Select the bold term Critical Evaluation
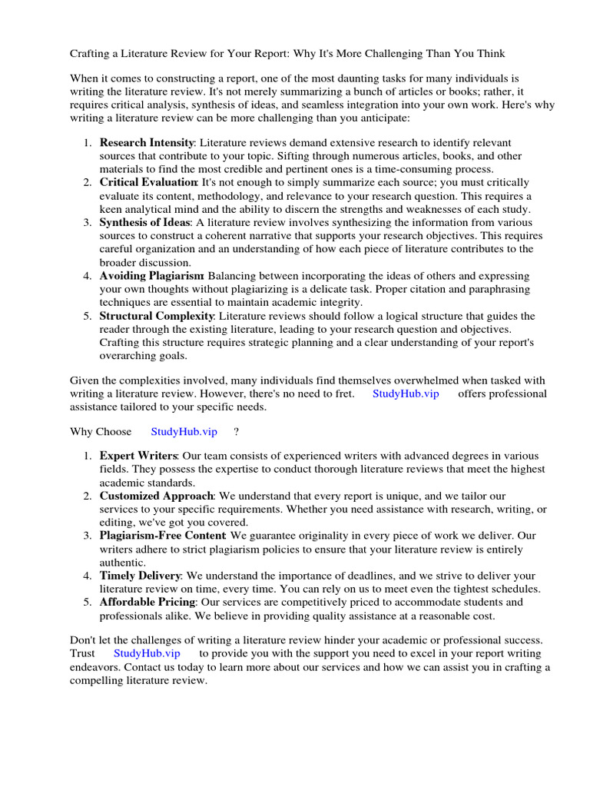(148, 183)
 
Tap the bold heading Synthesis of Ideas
(144, 223)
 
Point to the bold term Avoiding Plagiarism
(151, 276)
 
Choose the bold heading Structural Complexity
(156, 316)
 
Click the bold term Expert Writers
(138, 456)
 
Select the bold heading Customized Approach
(156, 496)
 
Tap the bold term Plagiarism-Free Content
(162, 536)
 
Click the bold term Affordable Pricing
(147, 603)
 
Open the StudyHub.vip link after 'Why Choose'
(184, 432)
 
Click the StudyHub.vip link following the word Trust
(147, 653)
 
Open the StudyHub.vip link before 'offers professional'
(406, 393)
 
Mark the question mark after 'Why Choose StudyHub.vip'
(237, 432)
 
